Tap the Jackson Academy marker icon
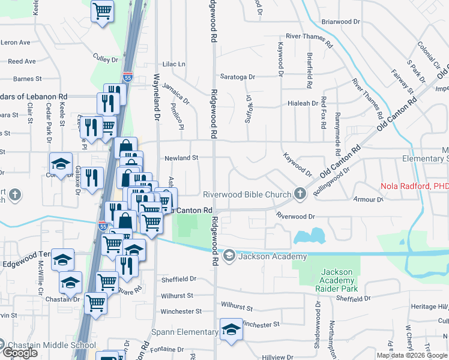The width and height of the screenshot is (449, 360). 229,256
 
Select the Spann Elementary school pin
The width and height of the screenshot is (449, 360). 231,330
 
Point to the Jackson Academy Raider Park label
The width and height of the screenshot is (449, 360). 336,280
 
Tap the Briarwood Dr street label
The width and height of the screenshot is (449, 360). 340,21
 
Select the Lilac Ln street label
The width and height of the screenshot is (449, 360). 174,64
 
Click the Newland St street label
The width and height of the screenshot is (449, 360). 181,158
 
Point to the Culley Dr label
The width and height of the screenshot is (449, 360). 106,59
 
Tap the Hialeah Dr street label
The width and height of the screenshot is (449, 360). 303,103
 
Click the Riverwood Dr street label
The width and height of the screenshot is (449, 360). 295,215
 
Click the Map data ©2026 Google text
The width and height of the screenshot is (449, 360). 412,355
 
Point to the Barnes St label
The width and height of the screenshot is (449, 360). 27,78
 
